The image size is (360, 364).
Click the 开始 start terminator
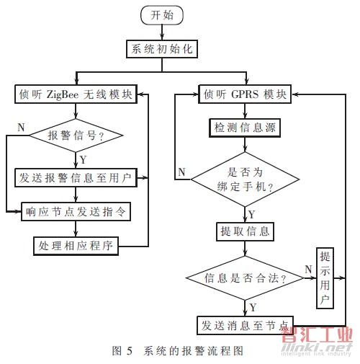[162, 15]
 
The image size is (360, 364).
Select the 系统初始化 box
[162, 49]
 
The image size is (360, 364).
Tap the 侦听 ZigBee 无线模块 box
[76, 94]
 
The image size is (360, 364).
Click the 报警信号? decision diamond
[76, 136]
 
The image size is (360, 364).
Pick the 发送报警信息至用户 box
[76, 178]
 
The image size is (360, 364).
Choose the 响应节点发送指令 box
[76, 212]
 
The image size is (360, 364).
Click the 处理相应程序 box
[76, 246]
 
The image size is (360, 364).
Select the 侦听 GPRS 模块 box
[245, 94]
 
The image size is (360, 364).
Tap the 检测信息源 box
[245, 128]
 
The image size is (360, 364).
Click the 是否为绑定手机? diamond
[245, 179]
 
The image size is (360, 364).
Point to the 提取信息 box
[245, 231]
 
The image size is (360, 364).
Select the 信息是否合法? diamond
[245, 278]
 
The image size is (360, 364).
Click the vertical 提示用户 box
[325, 278]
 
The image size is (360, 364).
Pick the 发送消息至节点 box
[245, 326]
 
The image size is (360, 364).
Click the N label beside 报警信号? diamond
[22, 127]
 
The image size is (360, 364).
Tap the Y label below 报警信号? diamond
[83, 159]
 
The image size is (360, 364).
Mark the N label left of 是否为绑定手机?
[181, 172]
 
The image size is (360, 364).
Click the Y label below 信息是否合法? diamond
[253, 307]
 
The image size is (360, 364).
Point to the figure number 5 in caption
[130, 351]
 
